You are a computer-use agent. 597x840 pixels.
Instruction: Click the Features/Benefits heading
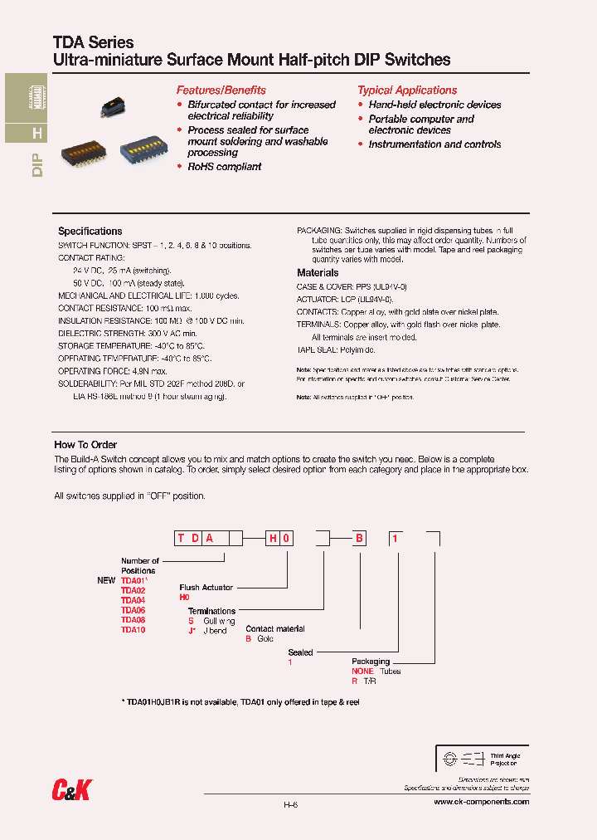pos(221,90)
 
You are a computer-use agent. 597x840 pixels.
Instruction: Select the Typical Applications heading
pos(407,90)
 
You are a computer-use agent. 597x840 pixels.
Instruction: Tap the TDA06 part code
pos(133,610)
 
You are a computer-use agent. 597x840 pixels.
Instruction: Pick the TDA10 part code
pos(133,629)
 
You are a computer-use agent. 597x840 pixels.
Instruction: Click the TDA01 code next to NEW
pos(133,580)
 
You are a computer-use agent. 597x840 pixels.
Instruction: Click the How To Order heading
pos(85,445)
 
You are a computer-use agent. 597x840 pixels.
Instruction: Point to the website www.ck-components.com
pos(481,802)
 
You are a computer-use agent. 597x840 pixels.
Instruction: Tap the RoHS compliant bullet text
pos(224,167)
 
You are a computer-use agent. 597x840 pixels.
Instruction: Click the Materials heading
pos(318,272)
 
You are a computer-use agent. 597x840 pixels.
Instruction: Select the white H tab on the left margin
pos(36,134)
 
